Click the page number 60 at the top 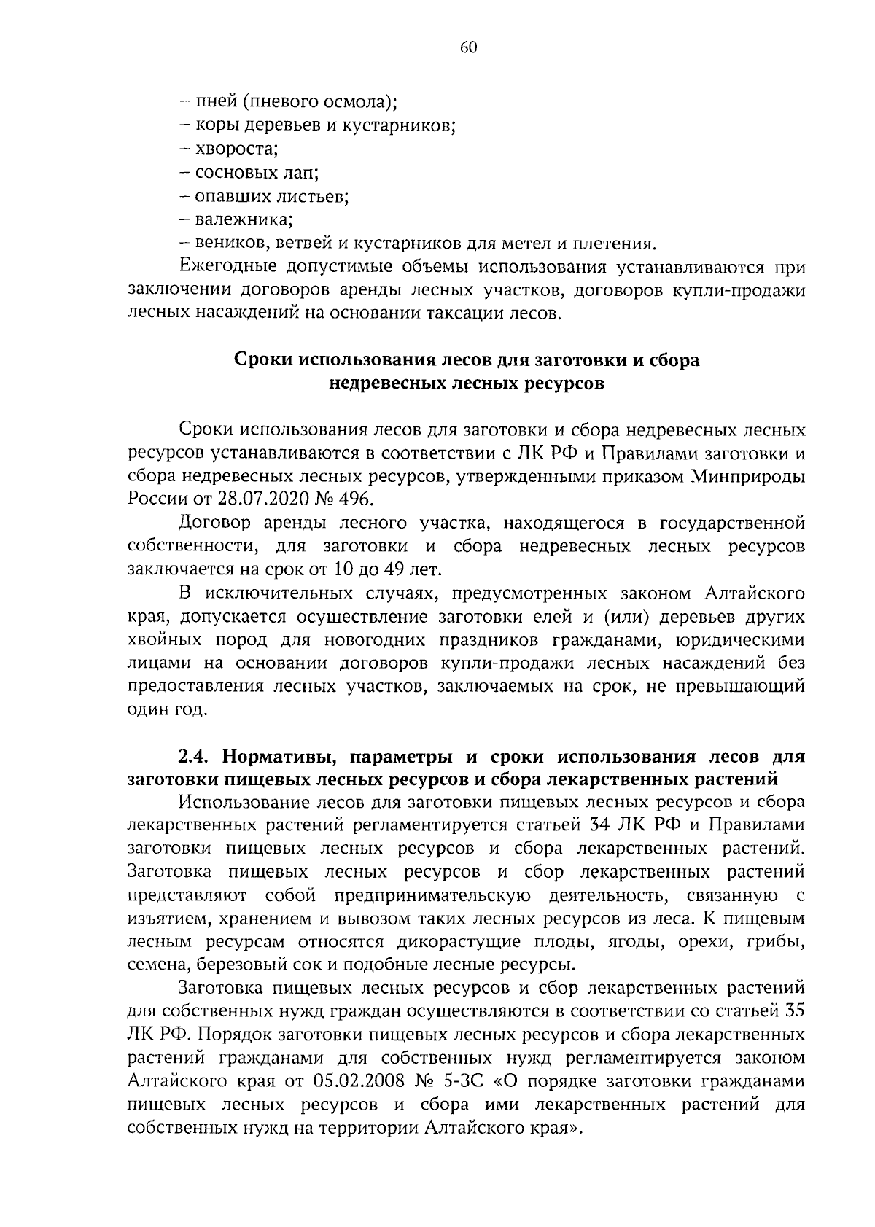click(x=468, y=48)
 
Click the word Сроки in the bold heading click(x=265, y=360)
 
